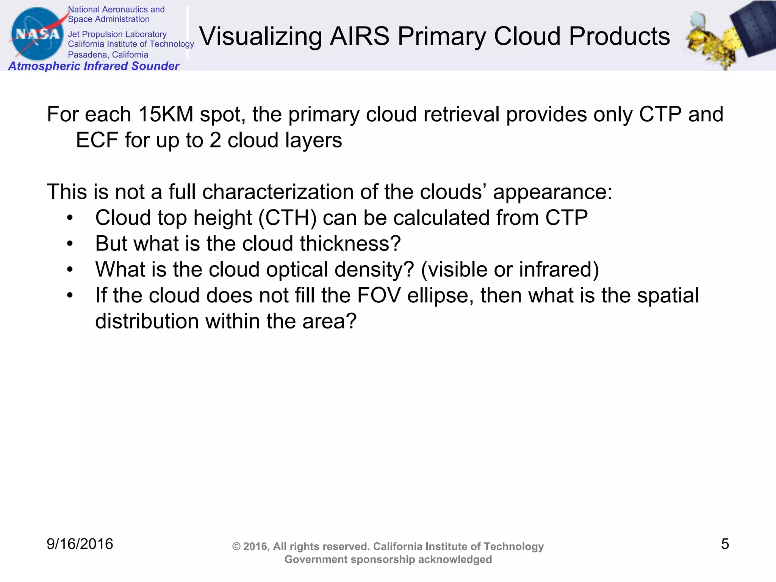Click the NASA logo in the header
pos(37,34)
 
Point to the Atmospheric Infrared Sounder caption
pos(94,66)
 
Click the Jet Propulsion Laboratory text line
pos(117,34)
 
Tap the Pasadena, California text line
pos(108,55)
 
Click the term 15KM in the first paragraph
pos(166,114)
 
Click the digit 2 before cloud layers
pos(215,140)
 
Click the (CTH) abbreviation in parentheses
pos(287,218)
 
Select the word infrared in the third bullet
pos(555,269)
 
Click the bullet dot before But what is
pos(69,244)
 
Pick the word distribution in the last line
pos(147,321)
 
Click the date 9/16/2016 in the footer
pos(80,544)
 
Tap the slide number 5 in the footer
pos(724,544)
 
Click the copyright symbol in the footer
pos(236,547)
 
